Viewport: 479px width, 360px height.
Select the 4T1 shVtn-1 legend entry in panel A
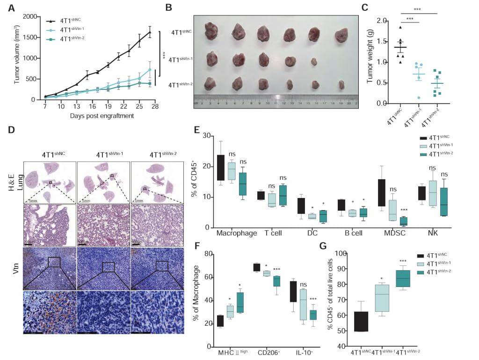point(75,30)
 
